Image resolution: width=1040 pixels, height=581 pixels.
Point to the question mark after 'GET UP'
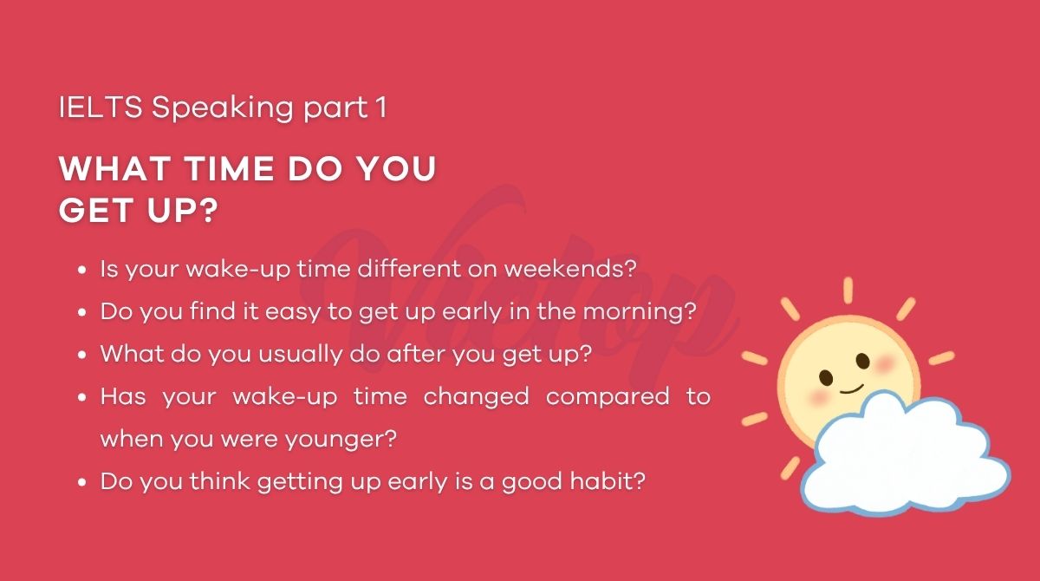[205, 212]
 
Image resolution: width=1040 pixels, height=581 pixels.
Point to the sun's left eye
[826, 377]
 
